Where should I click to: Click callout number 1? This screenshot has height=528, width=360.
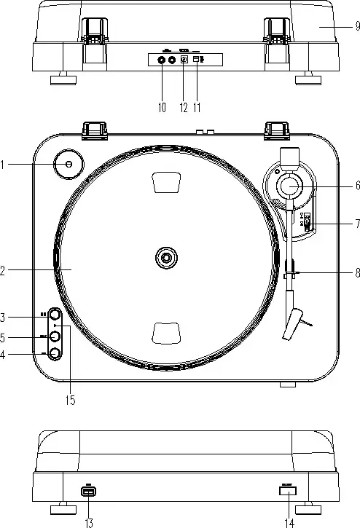[4, 165]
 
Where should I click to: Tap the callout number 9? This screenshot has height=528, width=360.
[356, 25]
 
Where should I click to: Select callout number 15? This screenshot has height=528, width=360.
[71, 399]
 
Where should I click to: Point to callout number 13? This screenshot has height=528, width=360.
[89, 521]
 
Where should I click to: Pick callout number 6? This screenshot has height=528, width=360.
[356, 186]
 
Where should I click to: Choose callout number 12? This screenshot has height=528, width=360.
[183, 107]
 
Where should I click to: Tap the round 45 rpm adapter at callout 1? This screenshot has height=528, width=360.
[69, 165]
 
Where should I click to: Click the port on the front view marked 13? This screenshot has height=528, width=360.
[89, 492]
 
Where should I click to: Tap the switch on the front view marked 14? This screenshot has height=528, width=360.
[286, 491]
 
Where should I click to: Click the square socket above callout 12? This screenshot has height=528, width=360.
[184, 60]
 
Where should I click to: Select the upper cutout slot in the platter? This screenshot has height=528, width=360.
[167, 182]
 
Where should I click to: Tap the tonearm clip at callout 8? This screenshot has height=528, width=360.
[291, 275]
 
